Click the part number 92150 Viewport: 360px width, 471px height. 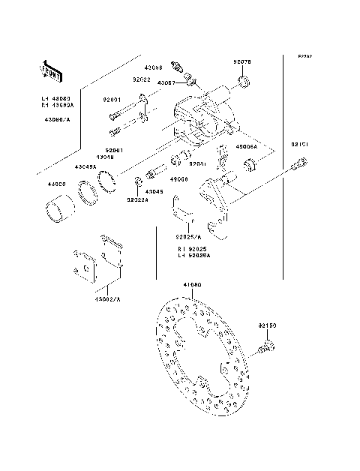coord(268,327)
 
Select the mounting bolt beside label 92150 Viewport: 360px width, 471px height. coord(267,346)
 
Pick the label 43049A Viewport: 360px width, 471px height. coord(85,166)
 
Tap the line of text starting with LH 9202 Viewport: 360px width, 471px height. coord(194,255)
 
